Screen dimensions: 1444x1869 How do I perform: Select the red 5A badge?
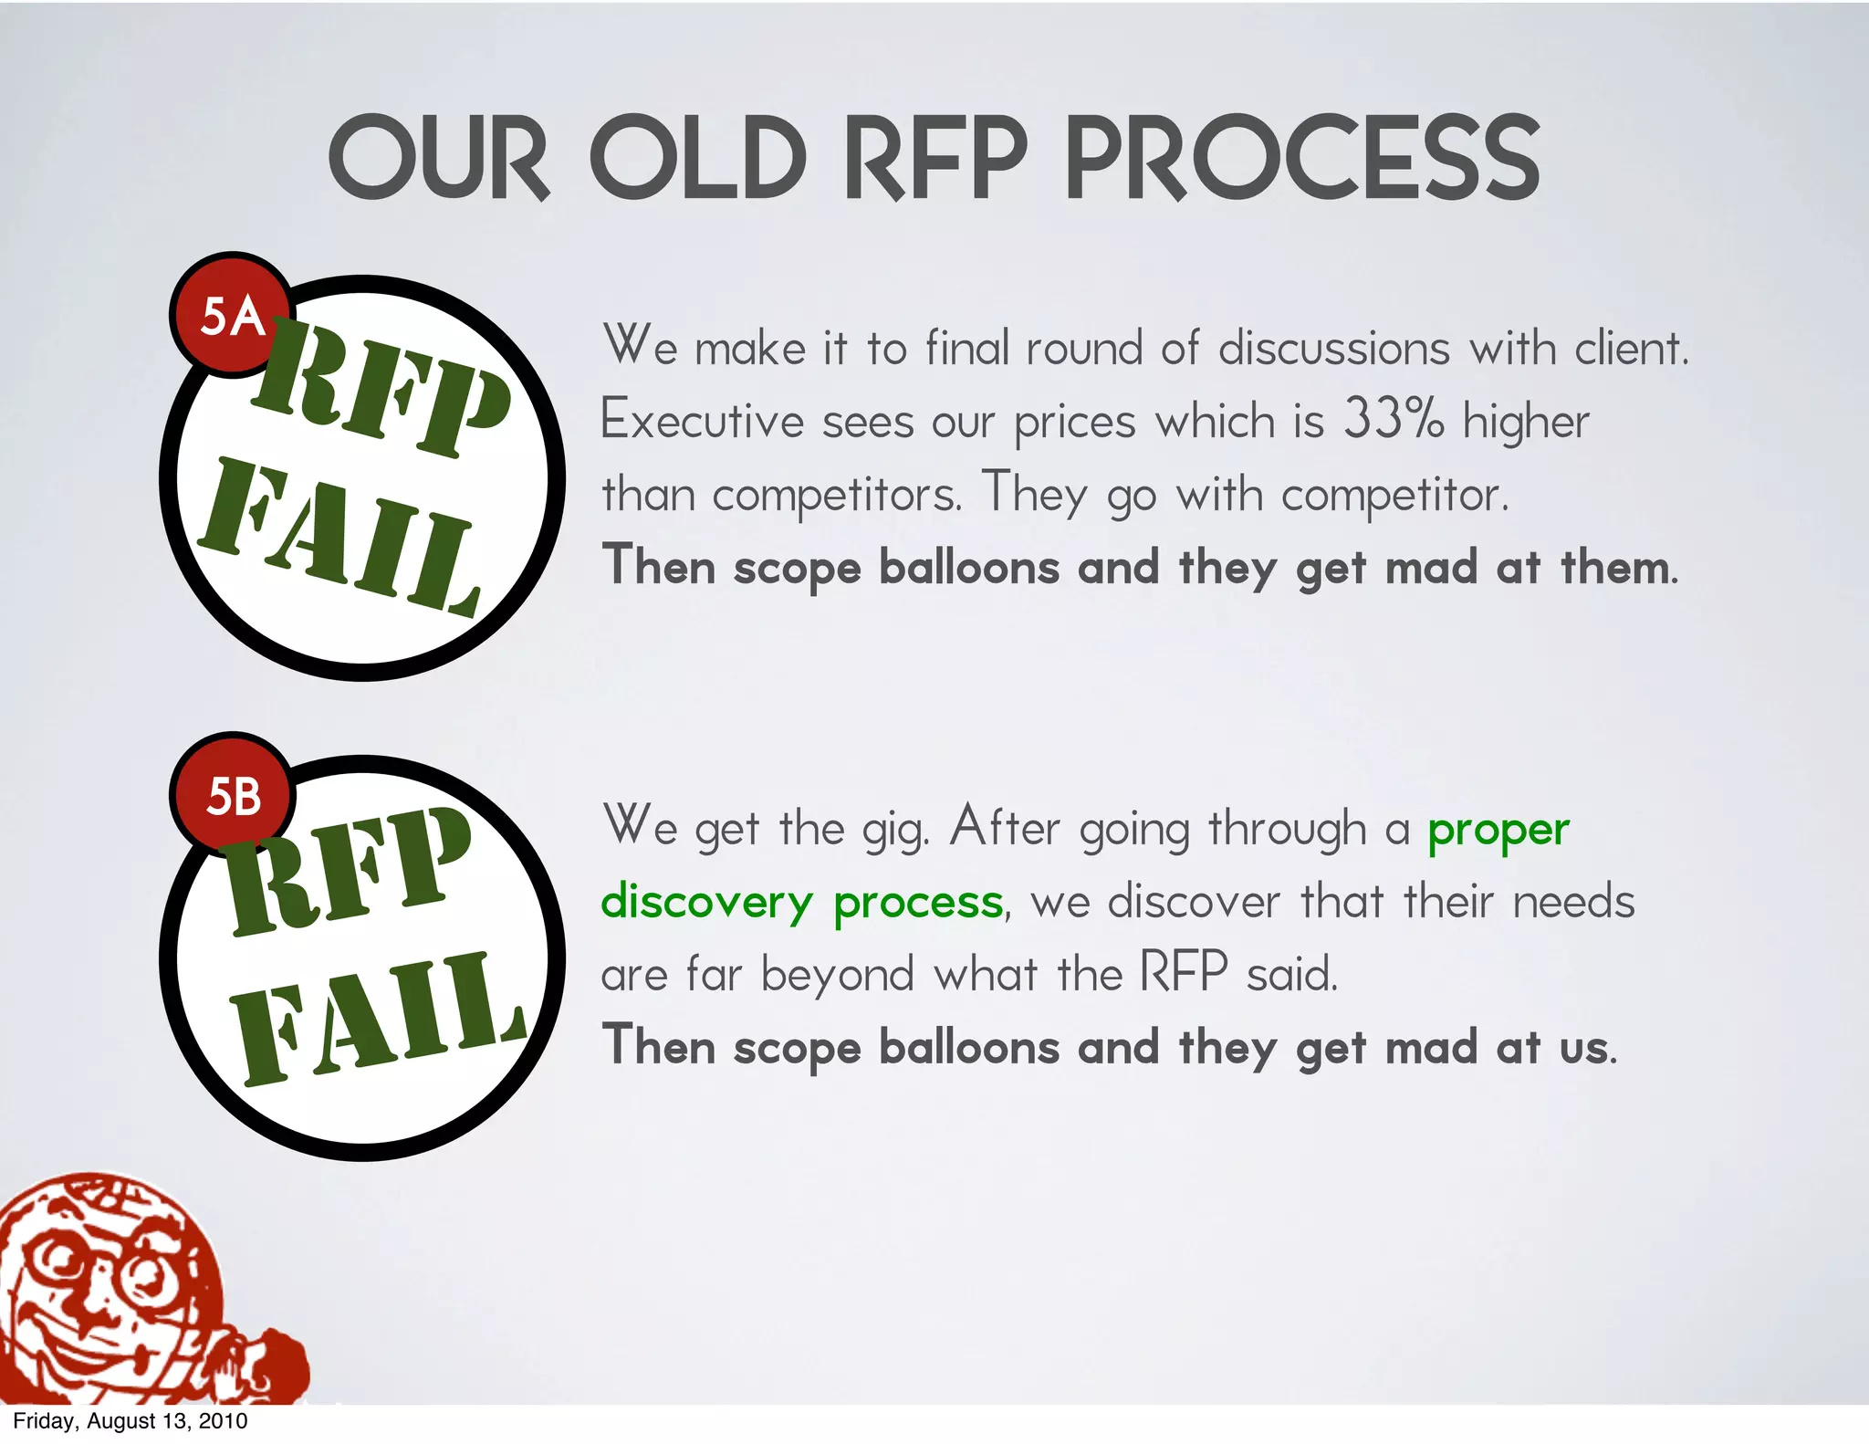coord(232,316)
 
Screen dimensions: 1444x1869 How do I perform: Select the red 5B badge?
coord(232,795)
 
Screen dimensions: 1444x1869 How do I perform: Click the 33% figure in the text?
coord(1394,420)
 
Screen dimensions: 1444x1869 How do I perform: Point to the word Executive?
coord(702,421)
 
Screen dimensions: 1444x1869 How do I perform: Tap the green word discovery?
coord(706,904)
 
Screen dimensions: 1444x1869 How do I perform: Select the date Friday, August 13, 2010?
coord(130,1421)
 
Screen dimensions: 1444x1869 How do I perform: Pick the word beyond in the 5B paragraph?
coord(837,976)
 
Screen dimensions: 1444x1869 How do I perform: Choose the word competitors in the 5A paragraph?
coord(836,495)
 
